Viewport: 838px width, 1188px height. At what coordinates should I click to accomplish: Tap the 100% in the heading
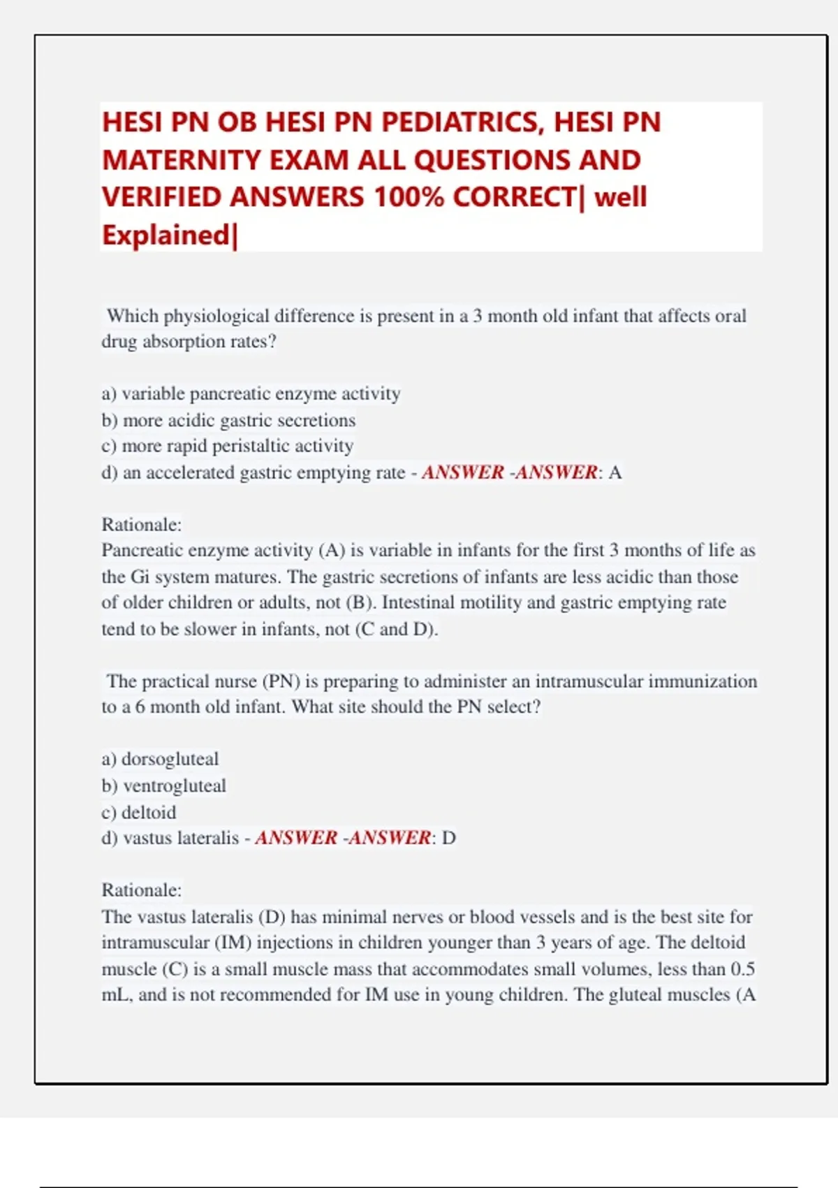point(409,198)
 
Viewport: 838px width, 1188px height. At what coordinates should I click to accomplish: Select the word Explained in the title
point(166,236)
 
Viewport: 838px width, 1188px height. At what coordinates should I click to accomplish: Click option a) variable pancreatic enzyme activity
point(251,394)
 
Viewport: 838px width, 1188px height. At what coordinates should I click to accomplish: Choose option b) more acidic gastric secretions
point(228,421)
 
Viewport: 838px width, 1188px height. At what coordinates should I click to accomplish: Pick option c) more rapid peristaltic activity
point(227,447)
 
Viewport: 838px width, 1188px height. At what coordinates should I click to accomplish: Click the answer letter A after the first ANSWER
point(615,473)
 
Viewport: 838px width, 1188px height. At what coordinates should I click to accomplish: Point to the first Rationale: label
point(142,525)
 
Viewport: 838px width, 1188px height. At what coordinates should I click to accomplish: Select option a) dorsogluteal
point(160,760)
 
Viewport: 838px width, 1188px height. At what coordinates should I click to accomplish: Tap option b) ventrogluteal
point(163,786)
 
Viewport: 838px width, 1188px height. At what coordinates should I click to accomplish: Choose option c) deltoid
point(138,813)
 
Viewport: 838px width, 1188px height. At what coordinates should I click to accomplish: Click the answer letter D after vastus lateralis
point(449,839)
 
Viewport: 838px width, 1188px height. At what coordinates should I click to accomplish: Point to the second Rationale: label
point(142,890)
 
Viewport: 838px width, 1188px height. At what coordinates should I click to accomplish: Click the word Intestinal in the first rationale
point(415,603)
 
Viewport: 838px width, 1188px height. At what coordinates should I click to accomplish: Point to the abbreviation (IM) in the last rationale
point(233,943)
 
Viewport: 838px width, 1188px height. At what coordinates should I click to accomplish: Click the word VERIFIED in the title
point(163,198)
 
